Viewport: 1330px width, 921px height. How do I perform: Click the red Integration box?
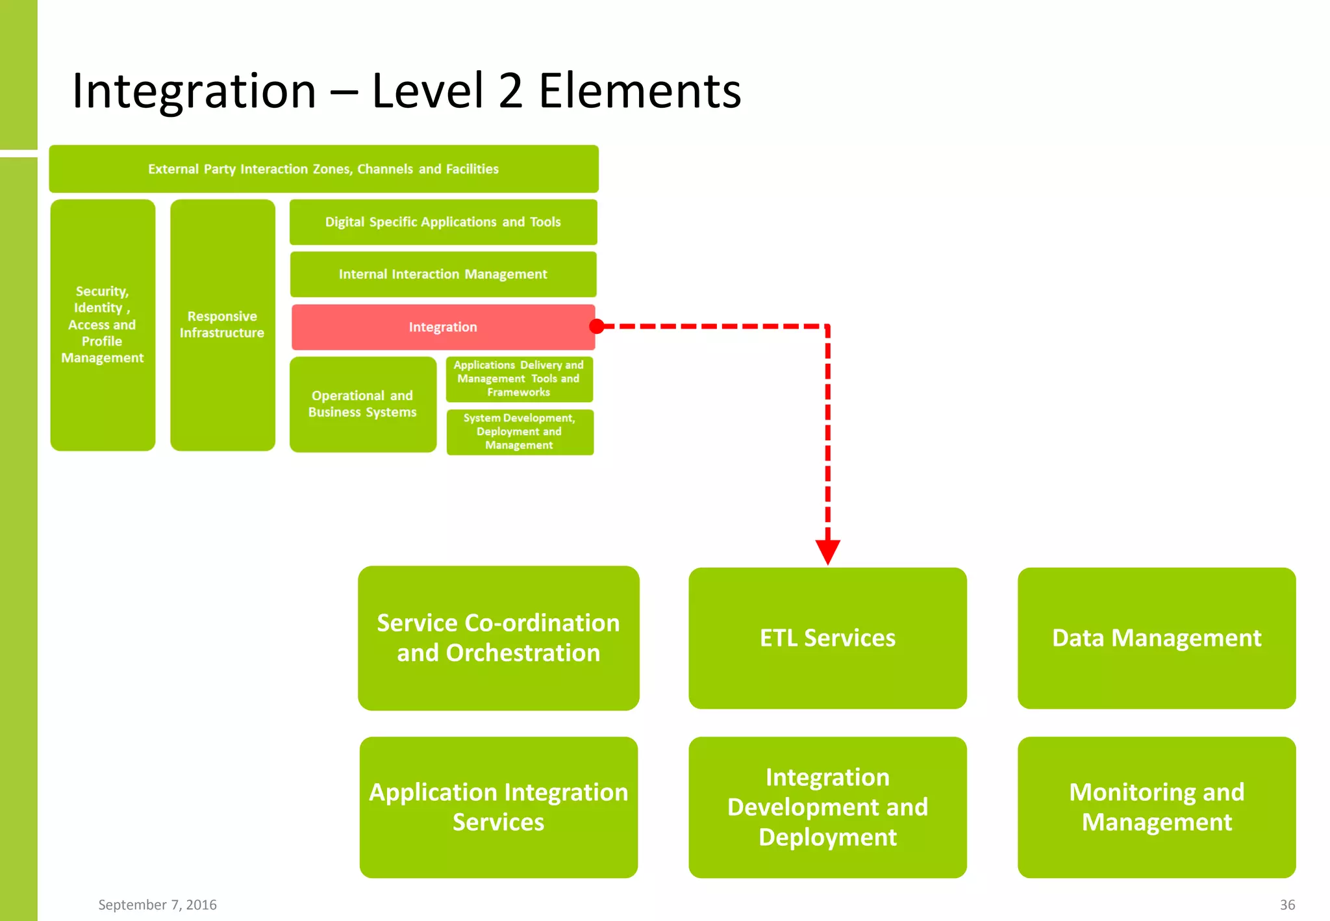443,327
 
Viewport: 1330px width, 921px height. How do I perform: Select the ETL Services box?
827,638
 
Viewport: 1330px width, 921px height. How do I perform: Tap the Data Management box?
1156,638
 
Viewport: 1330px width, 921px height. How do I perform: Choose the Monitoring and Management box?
1156,807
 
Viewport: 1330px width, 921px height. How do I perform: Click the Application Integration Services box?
498,807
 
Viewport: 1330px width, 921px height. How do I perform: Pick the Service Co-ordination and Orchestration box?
498,638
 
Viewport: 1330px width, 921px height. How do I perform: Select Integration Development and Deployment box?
827,807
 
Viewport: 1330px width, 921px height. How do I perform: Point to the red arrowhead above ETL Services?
828,551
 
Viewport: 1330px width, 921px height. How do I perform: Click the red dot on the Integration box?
597,326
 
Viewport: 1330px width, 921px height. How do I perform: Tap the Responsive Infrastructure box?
222,325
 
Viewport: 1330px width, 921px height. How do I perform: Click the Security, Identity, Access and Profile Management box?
103,325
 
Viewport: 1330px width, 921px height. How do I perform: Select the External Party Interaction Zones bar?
323,169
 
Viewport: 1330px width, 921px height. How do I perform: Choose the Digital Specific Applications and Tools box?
443,222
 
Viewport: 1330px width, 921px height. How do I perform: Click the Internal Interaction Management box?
443,274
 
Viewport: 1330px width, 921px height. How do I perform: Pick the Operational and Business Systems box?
362,404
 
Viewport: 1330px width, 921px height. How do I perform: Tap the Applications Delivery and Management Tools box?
519,379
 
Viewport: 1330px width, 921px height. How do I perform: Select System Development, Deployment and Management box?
520,432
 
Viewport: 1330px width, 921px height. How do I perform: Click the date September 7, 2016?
157,905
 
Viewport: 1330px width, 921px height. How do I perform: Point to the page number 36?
1287,905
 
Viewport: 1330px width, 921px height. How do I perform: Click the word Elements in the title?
640,91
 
